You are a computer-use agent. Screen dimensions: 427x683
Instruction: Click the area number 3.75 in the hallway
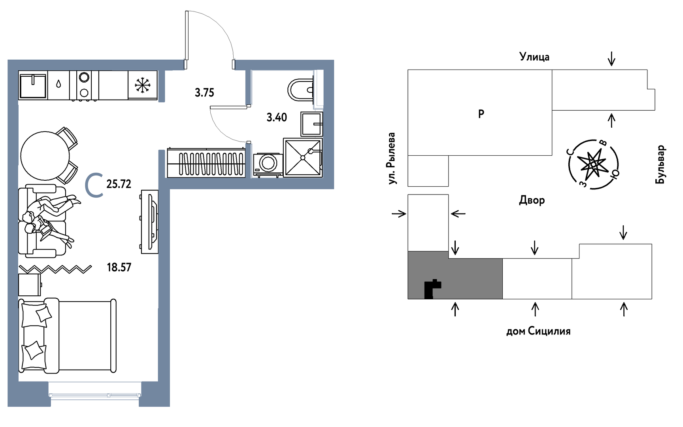pyautogui.click(x=204, y=93)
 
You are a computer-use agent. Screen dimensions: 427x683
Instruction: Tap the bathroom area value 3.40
pyautogui.click(x=277, y=117)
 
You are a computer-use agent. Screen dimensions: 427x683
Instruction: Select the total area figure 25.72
pyautogui.click(x=119, y=184)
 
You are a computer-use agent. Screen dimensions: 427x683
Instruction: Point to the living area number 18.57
pyautogui.click(x=119, y=268)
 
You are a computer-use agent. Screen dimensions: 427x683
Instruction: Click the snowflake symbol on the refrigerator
pyautogui.click(x=142, y=85)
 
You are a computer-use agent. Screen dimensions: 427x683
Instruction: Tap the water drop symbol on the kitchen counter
pyautogui.click(x=58, y=84)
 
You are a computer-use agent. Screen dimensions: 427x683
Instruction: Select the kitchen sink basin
pyautogui.click(x=33, y=85)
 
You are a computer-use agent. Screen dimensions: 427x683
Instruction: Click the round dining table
pyautogui.click(x=45, y=155)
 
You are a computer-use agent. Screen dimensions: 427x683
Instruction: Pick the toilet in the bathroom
pyautogui.click(x=300, y=90)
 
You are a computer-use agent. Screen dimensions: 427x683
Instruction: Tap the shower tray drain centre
pyautogui.click(x=303, y=157)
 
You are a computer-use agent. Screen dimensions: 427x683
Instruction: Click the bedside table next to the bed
pyautogui.click(x=30, y=285)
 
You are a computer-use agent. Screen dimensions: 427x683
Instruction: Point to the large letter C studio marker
pyautogui.click(x=94, y=185)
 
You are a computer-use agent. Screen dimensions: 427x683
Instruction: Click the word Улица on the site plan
pyautogui.click(x=534, y=57)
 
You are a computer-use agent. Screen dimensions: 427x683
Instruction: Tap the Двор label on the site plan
pyautogui.click(x=532, y=200)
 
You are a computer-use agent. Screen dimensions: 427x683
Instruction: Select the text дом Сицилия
pyautogui.click(x=538, y=331)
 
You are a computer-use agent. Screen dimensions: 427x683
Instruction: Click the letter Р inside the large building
pyautogui.click(x=481, y=114)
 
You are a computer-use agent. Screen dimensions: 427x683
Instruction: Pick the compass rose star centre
pyautogui.click(x=593, y=164)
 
